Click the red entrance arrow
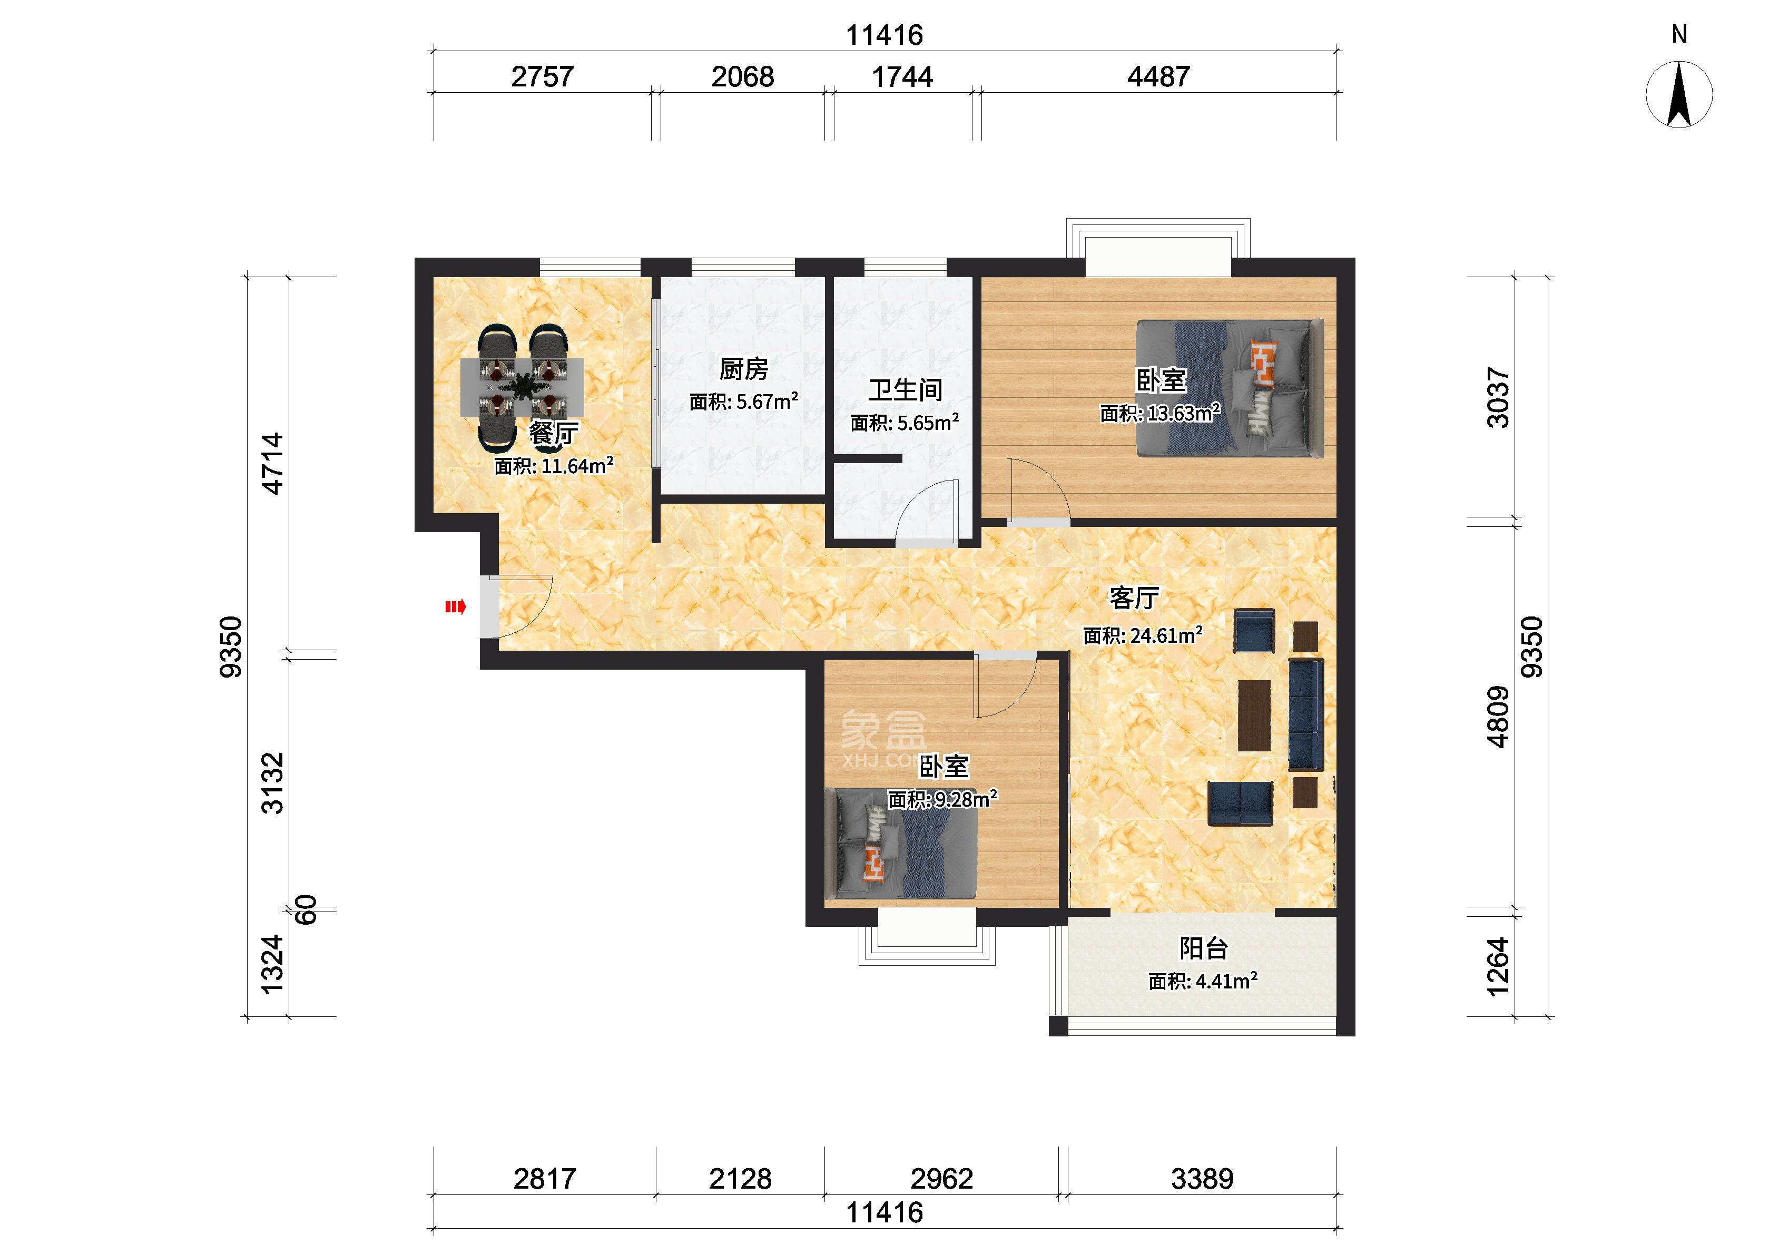pos(455,607)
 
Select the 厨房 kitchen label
pos(744,369)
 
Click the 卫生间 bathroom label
pos(906,390)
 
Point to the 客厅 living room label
pos(1134,597)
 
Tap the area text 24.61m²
pos(1166,635)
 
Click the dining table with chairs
pos(523,387)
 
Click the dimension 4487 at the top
pos(1158,76)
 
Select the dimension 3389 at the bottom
pos(1202,1178)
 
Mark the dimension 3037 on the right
pos(1497,398)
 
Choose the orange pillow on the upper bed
pos(1263,363)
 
